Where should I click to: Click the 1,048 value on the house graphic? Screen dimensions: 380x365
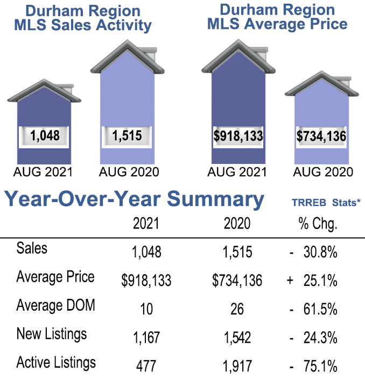(45, 135)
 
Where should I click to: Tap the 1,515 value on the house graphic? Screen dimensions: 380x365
(127, 135)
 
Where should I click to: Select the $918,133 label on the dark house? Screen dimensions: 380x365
(237, 135)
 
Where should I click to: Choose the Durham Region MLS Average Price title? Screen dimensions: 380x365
(277, 17)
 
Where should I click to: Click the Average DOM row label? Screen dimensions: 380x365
(55, 306)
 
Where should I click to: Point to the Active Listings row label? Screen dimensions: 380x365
(56, 362)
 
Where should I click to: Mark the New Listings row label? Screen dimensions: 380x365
(52, 334)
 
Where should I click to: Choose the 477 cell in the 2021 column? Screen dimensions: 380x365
(146, 367)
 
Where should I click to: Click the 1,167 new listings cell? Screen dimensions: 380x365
(146, 338)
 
